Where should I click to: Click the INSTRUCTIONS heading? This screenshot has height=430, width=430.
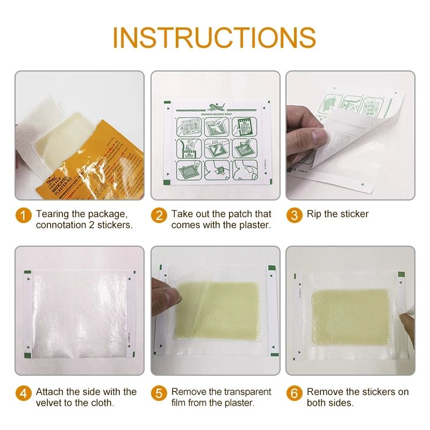pyautogui.click(x=214, y=37)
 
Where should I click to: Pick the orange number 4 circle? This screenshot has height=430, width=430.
pyautogui.click(x=23, y=393)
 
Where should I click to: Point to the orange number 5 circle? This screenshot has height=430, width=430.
pyautogui.click(x=159, y=393)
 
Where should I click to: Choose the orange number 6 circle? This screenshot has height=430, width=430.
pyautogui.click(x=294, y=393)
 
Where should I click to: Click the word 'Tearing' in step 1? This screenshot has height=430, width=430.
pyautogui.click(x=53, y=214)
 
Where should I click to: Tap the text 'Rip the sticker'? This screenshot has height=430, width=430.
pyautogui.click(x=338, y=214)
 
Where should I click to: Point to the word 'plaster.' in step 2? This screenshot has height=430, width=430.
pyautogui.click(x=253, y=225)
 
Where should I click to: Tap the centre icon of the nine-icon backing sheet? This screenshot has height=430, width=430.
pyautogui.click(x=215, y=146)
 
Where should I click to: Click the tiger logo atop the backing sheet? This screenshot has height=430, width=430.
pyautogui.click(x=215, y=106)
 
